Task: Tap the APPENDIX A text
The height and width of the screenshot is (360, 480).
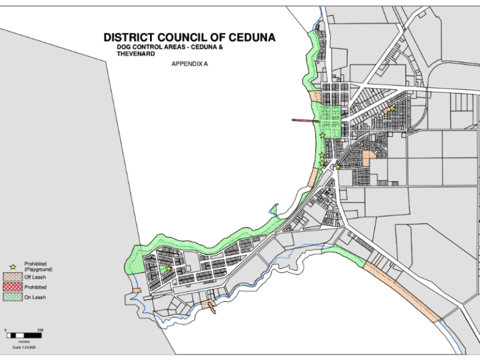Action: [x=189, y=64]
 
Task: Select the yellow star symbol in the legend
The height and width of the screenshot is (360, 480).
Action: [x=12, y=267]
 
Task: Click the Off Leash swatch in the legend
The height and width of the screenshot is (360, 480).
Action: [x=12, y=277]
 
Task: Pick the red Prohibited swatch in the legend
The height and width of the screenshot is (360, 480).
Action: [x=12, y=287]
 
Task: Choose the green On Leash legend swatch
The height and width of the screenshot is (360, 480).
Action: [x=12, y=297]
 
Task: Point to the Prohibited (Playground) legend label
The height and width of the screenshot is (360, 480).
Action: [x=35, y=267]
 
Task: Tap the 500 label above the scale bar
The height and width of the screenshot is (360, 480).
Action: [x=40, y=330]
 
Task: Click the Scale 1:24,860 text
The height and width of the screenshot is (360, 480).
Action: [x=24, y=347]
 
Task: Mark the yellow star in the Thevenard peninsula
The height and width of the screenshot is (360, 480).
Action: [x=168, y=269]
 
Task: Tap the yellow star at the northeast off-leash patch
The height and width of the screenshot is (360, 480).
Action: [x=392, y=109]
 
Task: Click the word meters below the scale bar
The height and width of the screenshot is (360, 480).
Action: [x=24, y=342]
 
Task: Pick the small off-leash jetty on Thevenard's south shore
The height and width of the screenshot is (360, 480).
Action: [x=211, y=306]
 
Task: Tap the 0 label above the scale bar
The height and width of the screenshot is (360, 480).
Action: [x=6, y=330]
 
